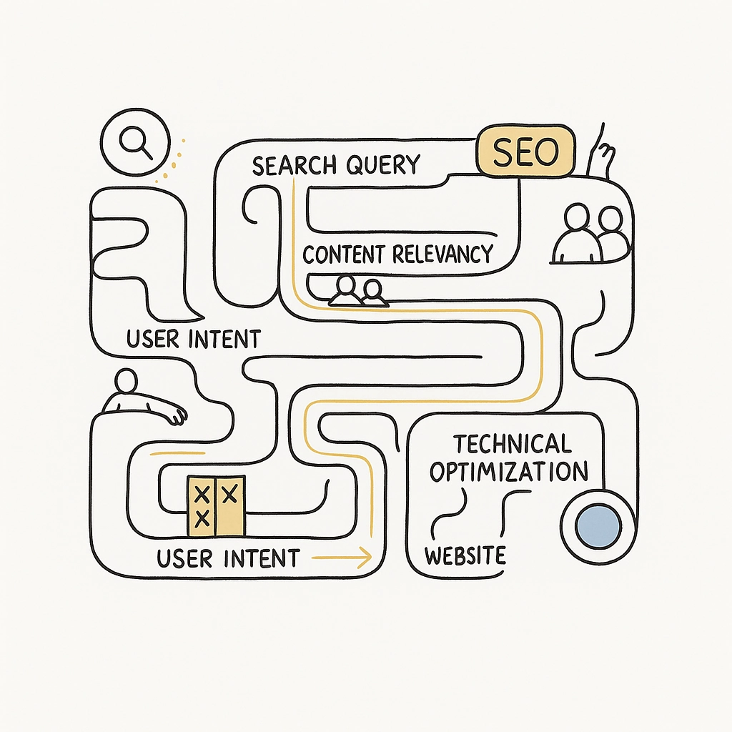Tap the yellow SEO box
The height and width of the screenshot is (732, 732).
pyautogui.click(x=525, y=152)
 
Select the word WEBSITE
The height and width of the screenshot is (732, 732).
pyautogui.click(x=465, y=555)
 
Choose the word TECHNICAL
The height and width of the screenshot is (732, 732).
pyautogui.click(x=513, y=444)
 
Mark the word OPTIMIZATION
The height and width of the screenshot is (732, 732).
pyautogui.click(x=509, y=472)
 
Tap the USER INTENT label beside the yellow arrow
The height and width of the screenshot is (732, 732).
pyautogui.click(x=228, y=558)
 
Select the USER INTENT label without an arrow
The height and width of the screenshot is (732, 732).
pyautogui.click(x=193, y=338)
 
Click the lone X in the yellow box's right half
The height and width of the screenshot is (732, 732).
pyautogui.click(x=230, y=494)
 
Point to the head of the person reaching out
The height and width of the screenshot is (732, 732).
pyautogui.click(x=125, y=380)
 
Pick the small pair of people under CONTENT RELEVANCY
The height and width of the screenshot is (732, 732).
pyautogui.click(x=357, y=291)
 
